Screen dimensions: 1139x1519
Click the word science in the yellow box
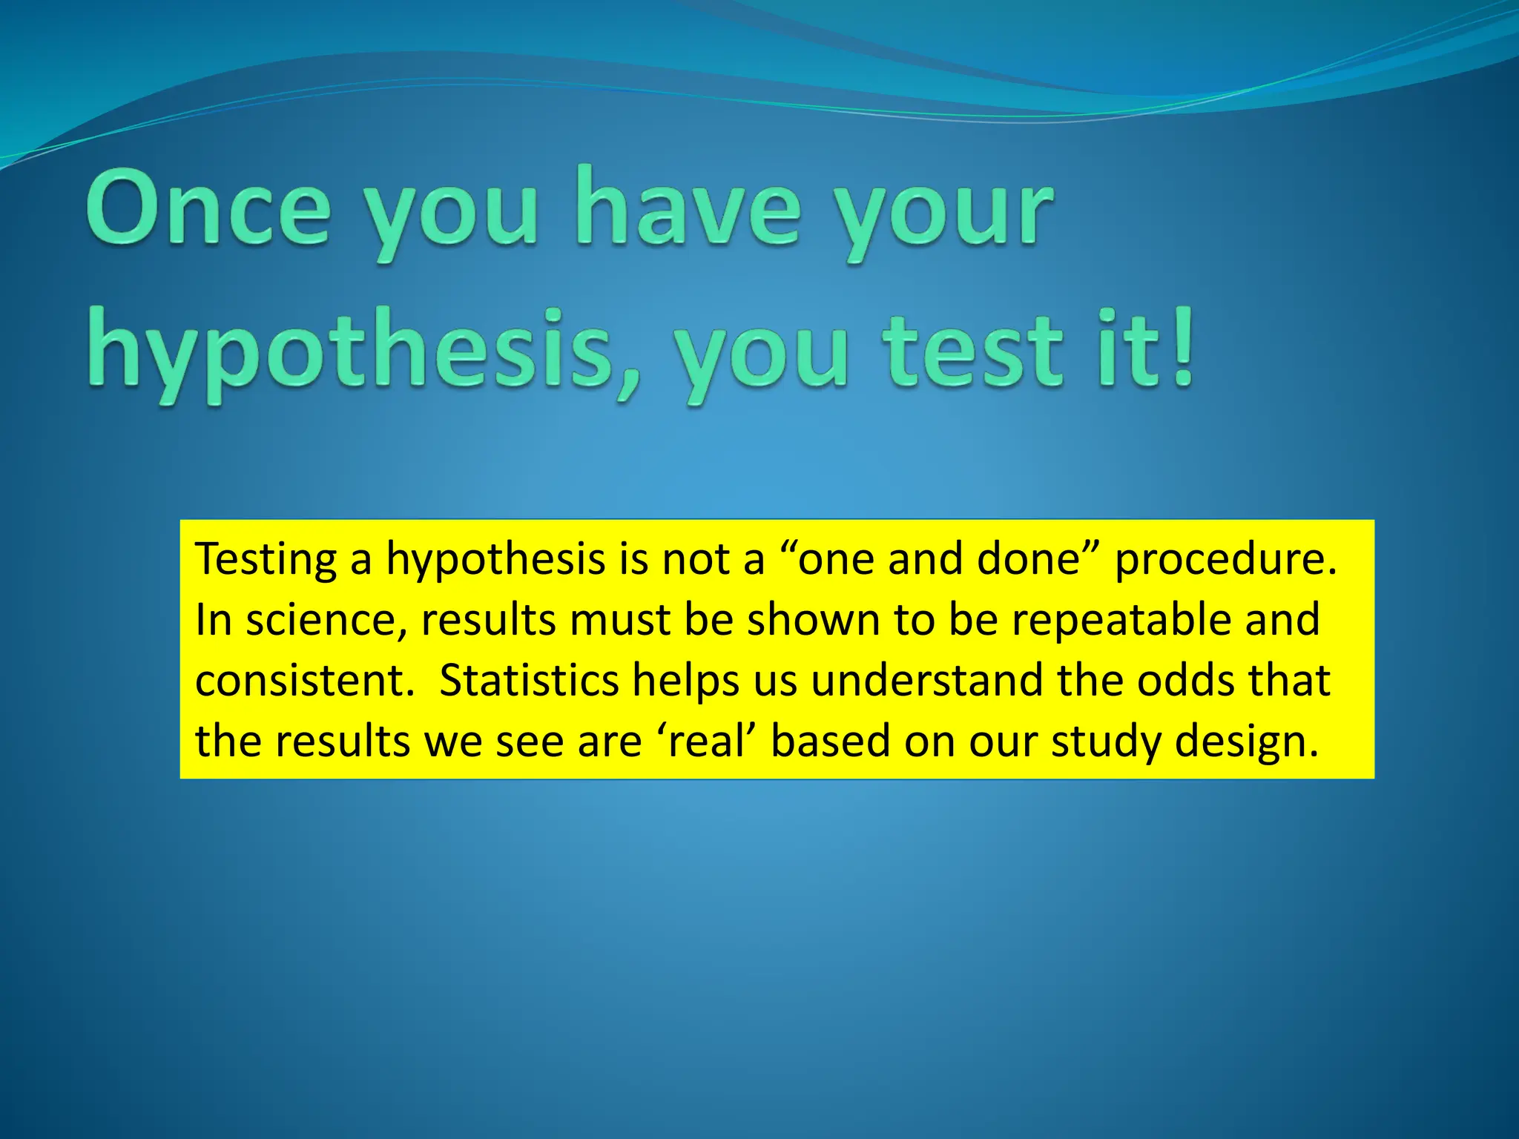(x=326, y=620)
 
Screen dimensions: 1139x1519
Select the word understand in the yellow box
(x=926, y=681)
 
